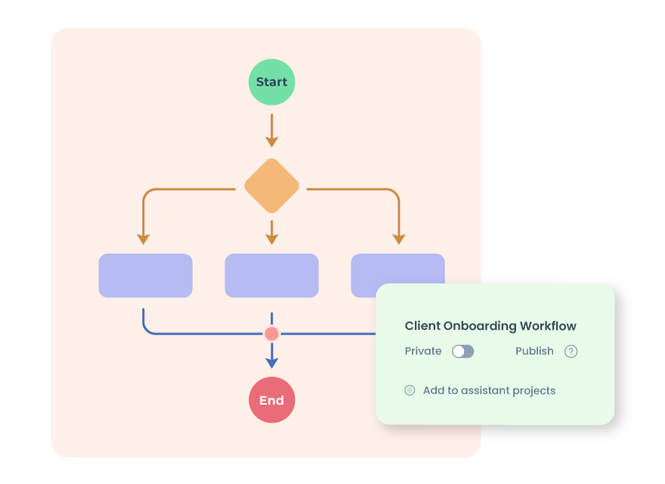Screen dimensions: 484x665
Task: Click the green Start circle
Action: (272, 82)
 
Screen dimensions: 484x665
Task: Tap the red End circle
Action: (272, 400)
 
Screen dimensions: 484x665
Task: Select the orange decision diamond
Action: (272, 186)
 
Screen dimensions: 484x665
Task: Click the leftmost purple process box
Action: (145, 276)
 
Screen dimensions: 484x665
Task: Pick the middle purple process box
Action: (272, 276)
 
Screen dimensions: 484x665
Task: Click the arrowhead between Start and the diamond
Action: (272, 141)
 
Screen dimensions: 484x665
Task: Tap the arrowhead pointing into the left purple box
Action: (143, 239)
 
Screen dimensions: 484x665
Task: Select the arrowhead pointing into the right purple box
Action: (399, 239)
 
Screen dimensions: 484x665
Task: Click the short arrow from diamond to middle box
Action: (272, 233)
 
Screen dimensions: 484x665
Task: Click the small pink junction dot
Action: (272, 334)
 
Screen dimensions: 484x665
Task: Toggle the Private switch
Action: (462, 351)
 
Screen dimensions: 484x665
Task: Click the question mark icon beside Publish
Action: (571, 351)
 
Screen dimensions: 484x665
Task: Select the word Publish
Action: (534, 351)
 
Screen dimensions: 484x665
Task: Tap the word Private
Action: (423, 351)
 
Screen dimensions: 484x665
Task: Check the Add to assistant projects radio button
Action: (410, 390)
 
